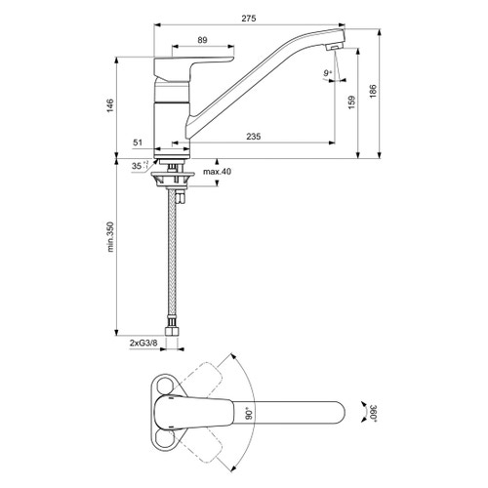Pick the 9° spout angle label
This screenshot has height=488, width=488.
tap(325, 72)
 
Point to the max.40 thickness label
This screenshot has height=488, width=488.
tap(220, 172)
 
